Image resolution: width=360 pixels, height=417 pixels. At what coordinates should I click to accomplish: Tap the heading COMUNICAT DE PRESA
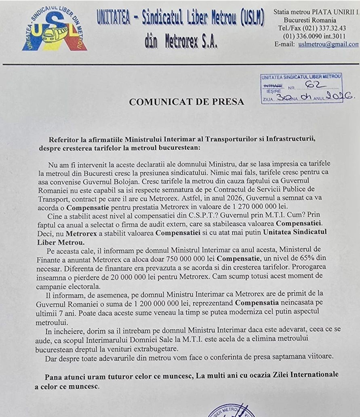pos(186,102)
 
